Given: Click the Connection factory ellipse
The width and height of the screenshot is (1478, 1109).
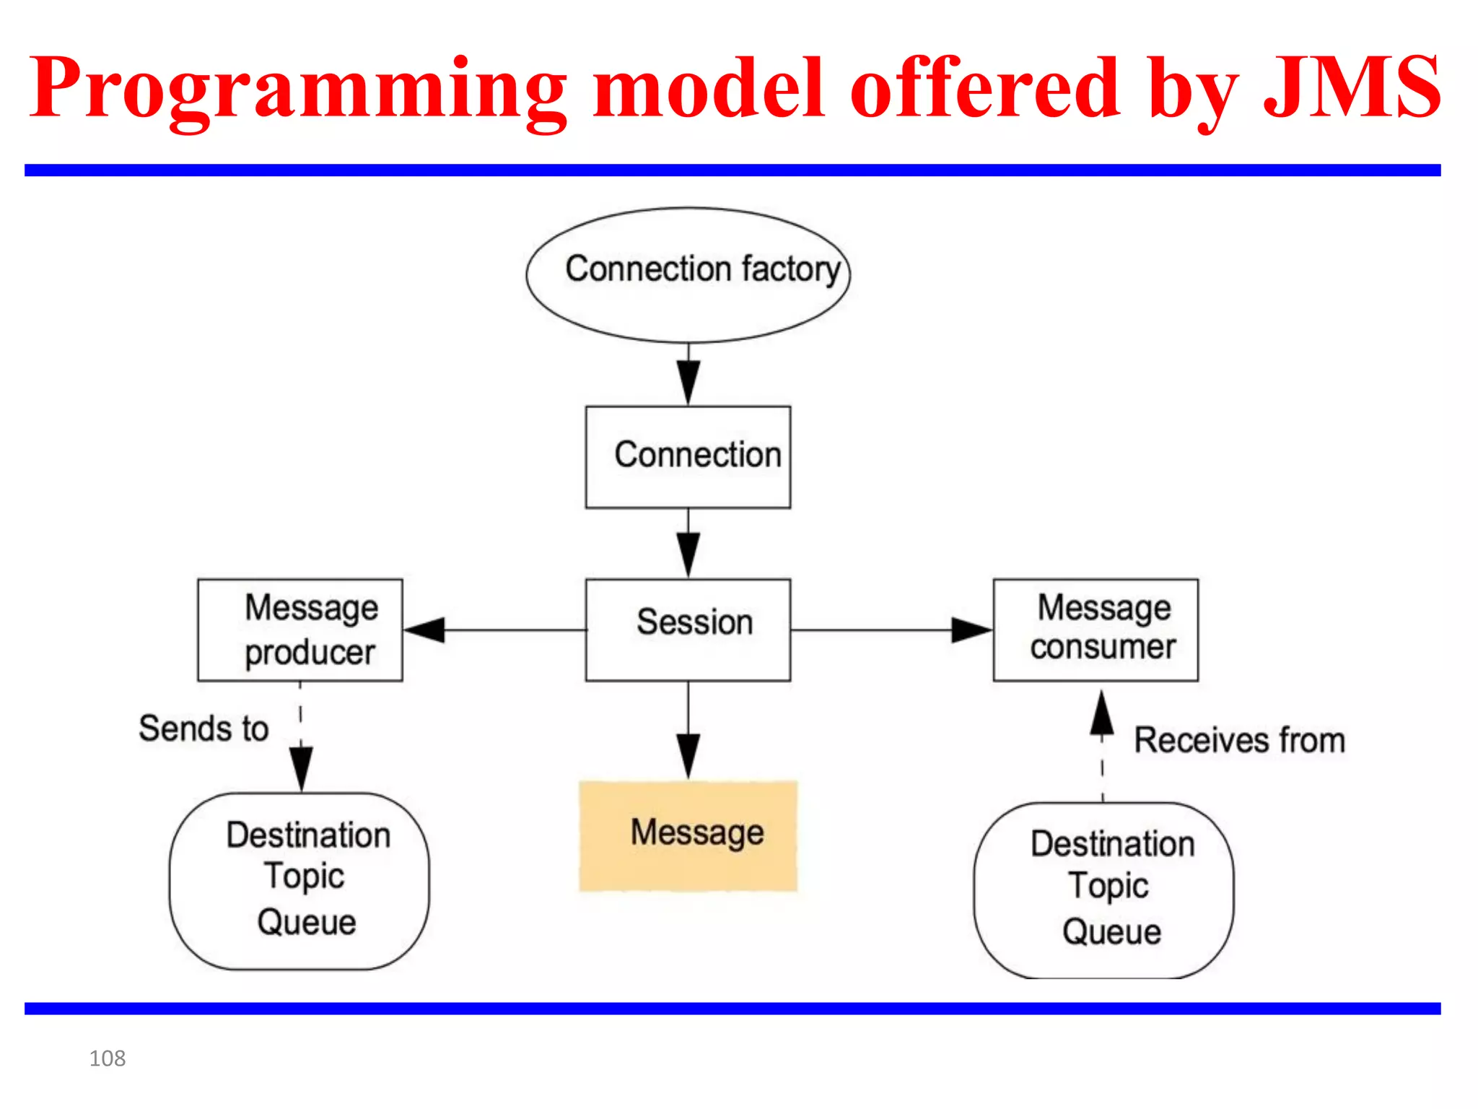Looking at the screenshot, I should tap(688, 274).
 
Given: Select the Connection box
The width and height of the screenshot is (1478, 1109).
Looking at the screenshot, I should tap(688, 456).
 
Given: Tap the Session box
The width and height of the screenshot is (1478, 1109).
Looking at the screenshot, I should tap(688, 629).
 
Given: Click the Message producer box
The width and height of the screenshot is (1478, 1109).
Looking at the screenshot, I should tap(299, 629).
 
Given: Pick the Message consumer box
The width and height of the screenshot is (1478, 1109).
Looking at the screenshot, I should tap(1096, 629).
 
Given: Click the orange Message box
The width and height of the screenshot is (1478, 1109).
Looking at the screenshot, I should tap(688, 835).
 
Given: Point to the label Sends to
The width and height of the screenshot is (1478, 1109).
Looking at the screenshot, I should tap(204, 728).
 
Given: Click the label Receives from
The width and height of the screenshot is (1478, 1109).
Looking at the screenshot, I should tap(1239, 740).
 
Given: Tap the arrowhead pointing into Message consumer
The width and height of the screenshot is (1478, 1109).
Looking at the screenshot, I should tap(971, 630).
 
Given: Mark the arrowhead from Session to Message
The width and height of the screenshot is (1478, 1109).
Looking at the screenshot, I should tap(688, 755).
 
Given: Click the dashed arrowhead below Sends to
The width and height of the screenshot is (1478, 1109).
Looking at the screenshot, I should tap(301, 767).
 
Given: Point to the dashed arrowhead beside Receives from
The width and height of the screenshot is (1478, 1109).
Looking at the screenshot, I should tap(1101, 713).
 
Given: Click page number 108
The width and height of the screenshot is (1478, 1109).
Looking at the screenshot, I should tap(107, 1058).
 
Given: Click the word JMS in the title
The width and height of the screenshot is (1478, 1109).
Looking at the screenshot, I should tap(1351, 88).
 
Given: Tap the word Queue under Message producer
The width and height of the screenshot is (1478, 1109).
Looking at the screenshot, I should tap(307, 922).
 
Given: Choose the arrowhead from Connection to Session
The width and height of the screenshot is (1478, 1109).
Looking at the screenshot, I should tap(688, 554).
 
